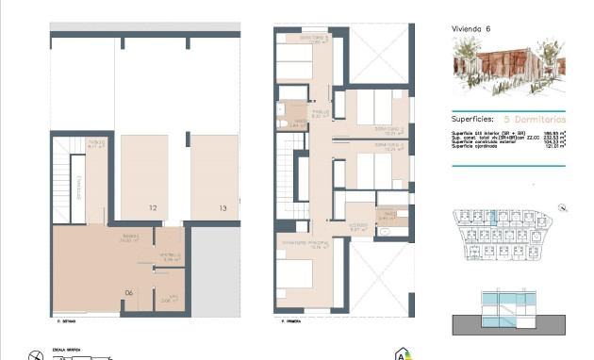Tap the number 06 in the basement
(x=130, y=293)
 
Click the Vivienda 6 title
(x=470, y=29)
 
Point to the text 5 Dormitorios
(x=536, y=120)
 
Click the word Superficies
(x=474, y=120)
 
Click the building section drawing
(x=509, y=312)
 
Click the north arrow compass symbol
(x=36, y=354)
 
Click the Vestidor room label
(x=357, y=226)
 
